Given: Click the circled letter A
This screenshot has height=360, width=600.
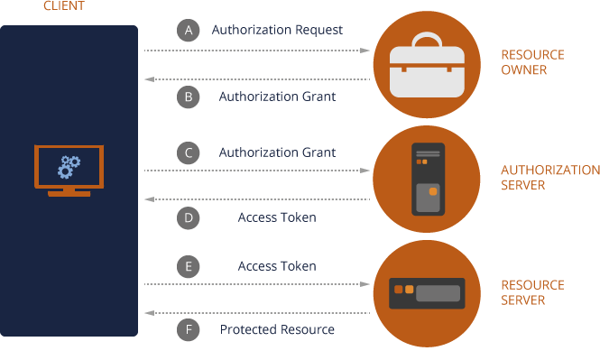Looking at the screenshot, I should (188, 30).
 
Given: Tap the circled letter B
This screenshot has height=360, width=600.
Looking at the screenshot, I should (188, 97).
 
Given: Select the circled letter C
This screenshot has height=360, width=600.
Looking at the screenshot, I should (188, 152).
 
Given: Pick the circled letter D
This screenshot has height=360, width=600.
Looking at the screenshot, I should (188, 217).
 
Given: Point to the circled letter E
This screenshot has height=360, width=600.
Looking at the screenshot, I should (188, 266).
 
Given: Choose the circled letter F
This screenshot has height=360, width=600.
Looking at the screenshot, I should (188, 330).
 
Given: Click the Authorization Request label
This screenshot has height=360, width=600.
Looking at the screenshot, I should (277, 30).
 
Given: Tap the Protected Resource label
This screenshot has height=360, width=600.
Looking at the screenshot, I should (277, 330).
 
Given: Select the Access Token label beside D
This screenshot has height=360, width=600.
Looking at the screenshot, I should (277, 217).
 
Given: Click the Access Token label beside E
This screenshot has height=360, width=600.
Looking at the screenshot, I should (277, 266).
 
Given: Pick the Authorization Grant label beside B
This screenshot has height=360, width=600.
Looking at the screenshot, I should (277, 97).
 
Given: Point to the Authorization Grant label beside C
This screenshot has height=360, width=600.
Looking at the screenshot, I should (277, 152).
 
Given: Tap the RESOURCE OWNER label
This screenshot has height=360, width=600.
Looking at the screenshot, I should (532, 62).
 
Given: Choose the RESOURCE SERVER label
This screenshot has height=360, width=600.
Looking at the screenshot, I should (532, 292).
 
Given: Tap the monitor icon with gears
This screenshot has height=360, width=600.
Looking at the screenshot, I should (69, 170).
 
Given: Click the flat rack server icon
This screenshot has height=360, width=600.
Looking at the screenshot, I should (427, 292).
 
